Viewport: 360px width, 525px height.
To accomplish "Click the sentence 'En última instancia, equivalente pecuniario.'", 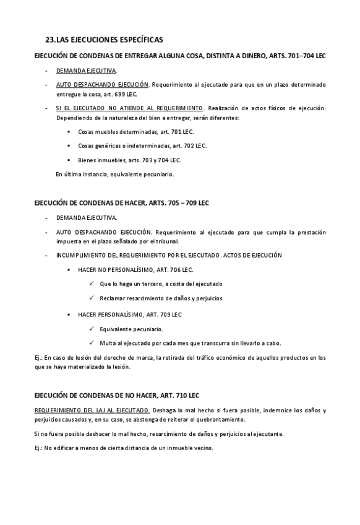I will click(x=114, y=174).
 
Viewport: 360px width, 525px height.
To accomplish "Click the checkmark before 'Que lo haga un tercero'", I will click(x=92, y=284).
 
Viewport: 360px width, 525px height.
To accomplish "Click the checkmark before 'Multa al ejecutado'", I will click(x=92, y=343).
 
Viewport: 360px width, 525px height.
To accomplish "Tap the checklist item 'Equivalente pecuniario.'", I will click(x=131, y=329).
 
